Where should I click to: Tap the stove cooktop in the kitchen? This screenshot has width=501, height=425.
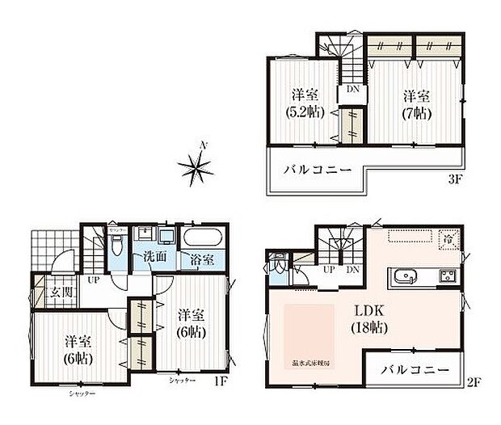click(x=448, y=276)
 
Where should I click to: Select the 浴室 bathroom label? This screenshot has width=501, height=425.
click(x=200, y=261)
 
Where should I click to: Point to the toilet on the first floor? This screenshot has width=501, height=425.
click(x=117, y=244)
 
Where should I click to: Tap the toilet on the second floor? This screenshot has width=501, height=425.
click(x=279, y=264)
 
